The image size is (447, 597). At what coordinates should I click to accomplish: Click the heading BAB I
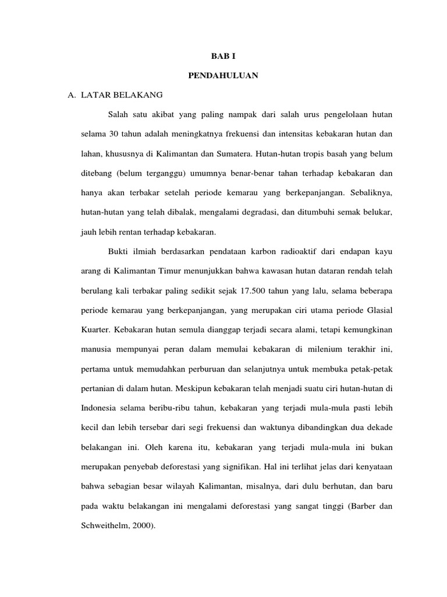pyautogui.click(x=223, y=57)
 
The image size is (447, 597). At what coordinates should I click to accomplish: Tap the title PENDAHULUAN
pyautogui.click(x=223, y=76)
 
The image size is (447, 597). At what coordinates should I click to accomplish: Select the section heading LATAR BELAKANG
pyautogui.click(x=122, y=94)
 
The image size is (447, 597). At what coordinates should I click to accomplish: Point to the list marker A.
pyautogui.click(x=73, y=94)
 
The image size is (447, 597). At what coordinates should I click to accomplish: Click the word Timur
pyautogui.click(x=172, y=271)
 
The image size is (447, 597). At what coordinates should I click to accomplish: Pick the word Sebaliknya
pyautogui.click(x=370, y=192)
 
